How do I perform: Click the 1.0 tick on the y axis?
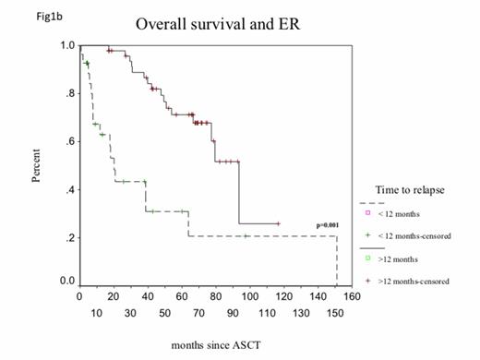tap(67, 45)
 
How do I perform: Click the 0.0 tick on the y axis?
tap(67, 281)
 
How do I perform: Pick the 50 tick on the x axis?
tap(163, 314)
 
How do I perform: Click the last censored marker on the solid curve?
tap(278, 223)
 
